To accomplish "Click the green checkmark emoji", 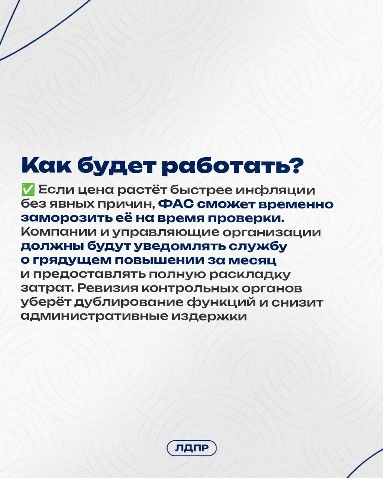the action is tap(28, 190).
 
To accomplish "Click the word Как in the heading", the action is tap(47, 166).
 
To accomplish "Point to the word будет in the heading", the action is tap(116, 166).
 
